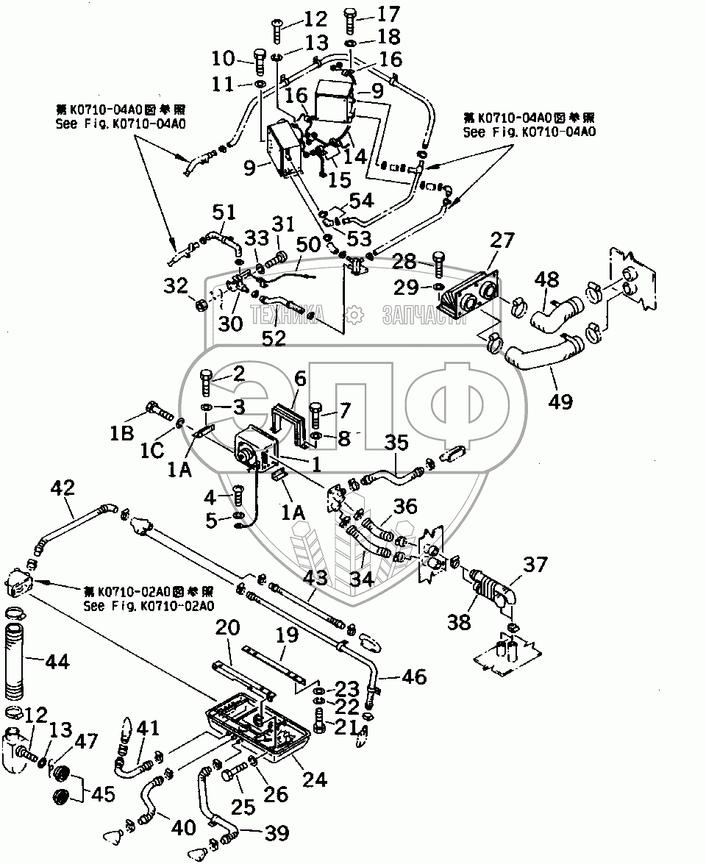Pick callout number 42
tap(63, 488)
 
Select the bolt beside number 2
tap(207, 382)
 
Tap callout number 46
tap(415, 676)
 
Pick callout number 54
tap(362, 200)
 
